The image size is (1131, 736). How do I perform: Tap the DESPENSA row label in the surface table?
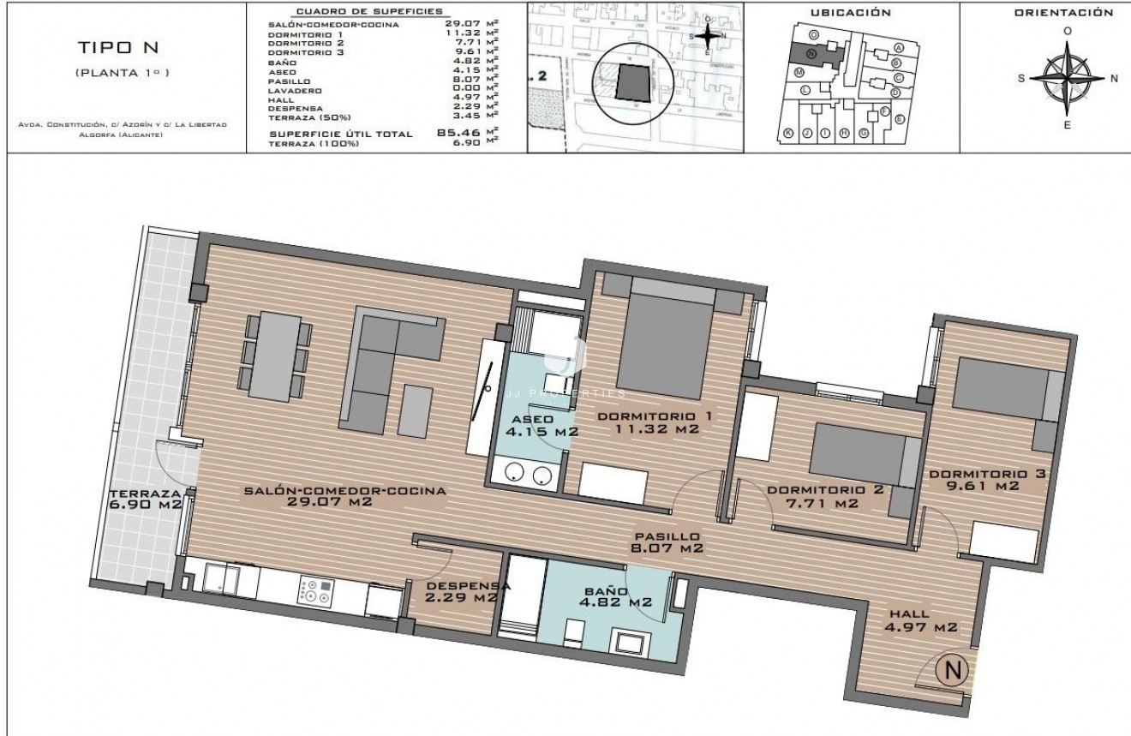click(x=294, y=108)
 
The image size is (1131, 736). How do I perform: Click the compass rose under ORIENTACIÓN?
click(x=1067, y=78)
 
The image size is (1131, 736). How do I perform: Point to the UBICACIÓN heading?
click(x=850, y=13)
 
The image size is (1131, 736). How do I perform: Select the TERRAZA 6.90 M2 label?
click(x=145, y=499)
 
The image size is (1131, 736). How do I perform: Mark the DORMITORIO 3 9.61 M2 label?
click(x=986, y=479)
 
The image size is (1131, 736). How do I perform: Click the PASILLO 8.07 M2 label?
click(x=666, y=541)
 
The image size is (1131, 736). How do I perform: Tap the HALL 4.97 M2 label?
click(x=921, y=621)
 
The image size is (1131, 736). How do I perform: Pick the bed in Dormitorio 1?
click(x=665, y=340)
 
